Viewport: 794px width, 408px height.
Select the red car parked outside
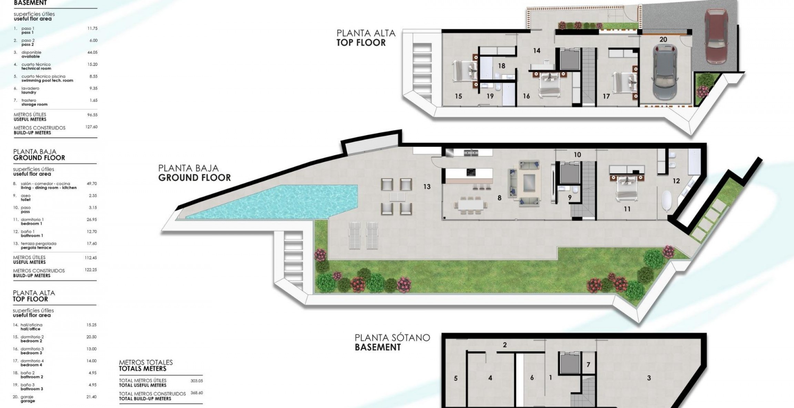[x=716, y=35]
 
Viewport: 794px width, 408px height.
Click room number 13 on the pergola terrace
[x=427, y=187]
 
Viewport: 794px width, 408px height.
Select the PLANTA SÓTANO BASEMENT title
[x=392, y=342]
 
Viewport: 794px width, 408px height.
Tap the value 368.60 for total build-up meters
[x=196, y=393]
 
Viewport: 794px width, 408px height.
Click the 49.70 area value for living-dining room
[x=92, y=184]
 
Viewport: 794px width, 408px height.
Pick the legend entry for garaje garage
[x=28, y=399]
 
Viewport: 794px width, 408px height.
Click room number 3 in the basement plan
[x=649, y=378]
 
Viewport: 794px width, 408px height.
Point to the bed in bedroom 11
[x=627, y=188]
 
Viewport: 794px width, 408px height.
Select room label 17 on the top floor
[x=606, y=96]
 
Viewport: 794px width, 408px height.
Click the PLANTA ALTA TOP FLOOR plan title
[x=366, y=38]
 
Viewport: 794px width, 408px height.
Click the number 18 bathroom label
[x=501, y=66]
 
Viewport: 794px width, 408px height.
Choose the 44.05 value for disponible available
[x=92, y=52]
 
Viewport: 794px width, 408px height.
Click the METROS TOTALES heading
[x=146, y=365]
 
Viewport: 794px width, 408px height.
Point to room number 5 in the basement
[x=456, y=378]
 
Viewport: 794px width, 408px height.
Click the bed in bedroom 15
[x=461, y=71]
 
